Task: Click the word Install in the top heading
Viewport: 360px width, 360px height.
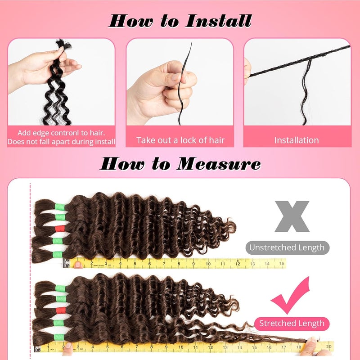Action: (x=218, y=21)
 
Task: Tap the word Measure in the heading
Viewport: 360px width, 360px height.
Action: (x=219, y=164)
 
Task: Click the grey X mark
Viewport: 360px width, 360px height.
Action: (x=292, y=216)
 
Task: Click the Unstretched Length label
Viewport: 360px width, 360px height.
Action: (x=287, y=247)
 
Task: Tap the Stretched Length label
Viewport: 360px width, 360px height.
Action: (x=292, y=323)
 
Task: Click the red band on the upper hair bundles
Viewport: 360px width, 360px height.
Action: (x=60, y=229)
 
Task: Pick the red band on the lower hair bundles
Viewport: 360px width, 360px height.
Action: (x=61, y=310)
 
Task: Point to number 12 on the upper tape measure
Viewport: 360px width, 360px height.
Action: (x=238, y=264)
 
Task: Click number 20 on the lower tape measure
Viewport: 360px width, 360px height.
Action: (x=329, y=346)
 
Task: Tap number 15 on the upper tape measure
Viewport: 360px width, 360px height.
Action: (x=282, y=264)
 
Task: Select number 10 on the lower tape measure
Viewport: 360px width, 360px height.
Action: (x=181, y=347)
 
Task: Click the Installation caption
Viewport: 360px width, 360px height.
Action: (x=297, y=140)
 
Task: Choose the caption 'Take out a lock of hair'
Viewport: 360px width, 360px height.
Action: (x=180, y=140)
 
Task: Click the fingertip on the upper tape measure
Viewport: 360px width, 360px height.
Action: (x=78, y=265)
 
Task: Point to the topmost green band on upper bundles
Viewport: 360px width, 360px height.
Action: (x=60, y=207)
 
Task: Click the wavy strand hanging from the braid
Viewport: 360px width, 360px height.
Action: (x=306, y=92)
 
